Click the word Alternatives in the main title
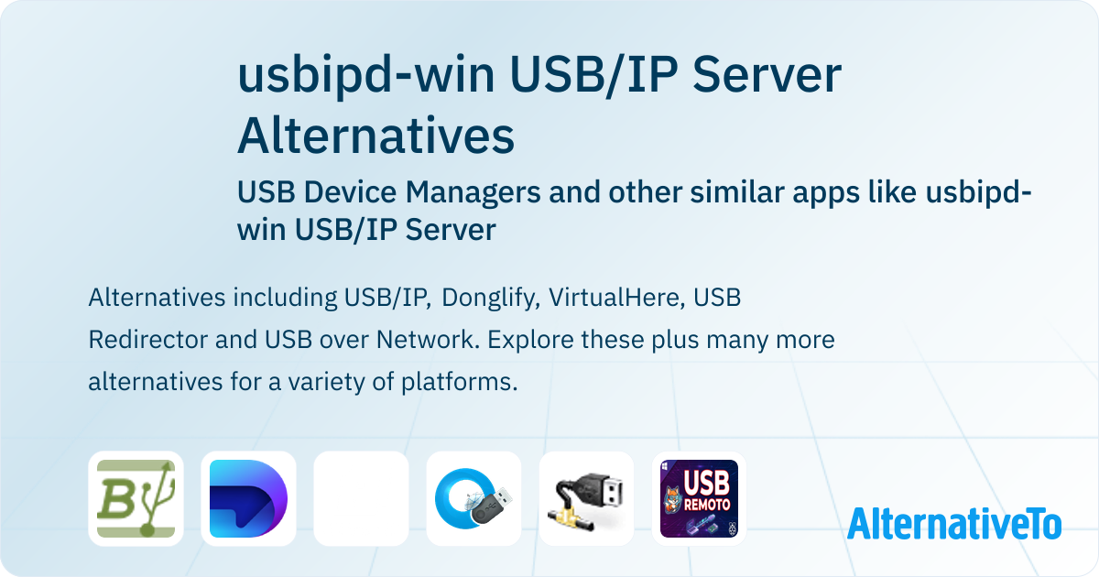[375, 136]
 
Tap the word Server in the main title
[767, 75]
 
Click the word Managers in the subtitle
[473, 191]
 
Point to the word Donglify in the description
[491, 298]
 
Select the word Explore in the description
[529, 340]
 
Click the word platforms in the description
[459, 382]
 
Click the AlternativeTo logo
[954, 523]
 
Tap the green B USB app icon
[136, 498]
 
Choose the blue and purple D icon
[248, 498]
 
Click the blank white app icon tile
[361, 498]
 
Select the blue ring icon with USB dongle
[473, 498]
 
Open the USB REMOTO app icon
[699, 498]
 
